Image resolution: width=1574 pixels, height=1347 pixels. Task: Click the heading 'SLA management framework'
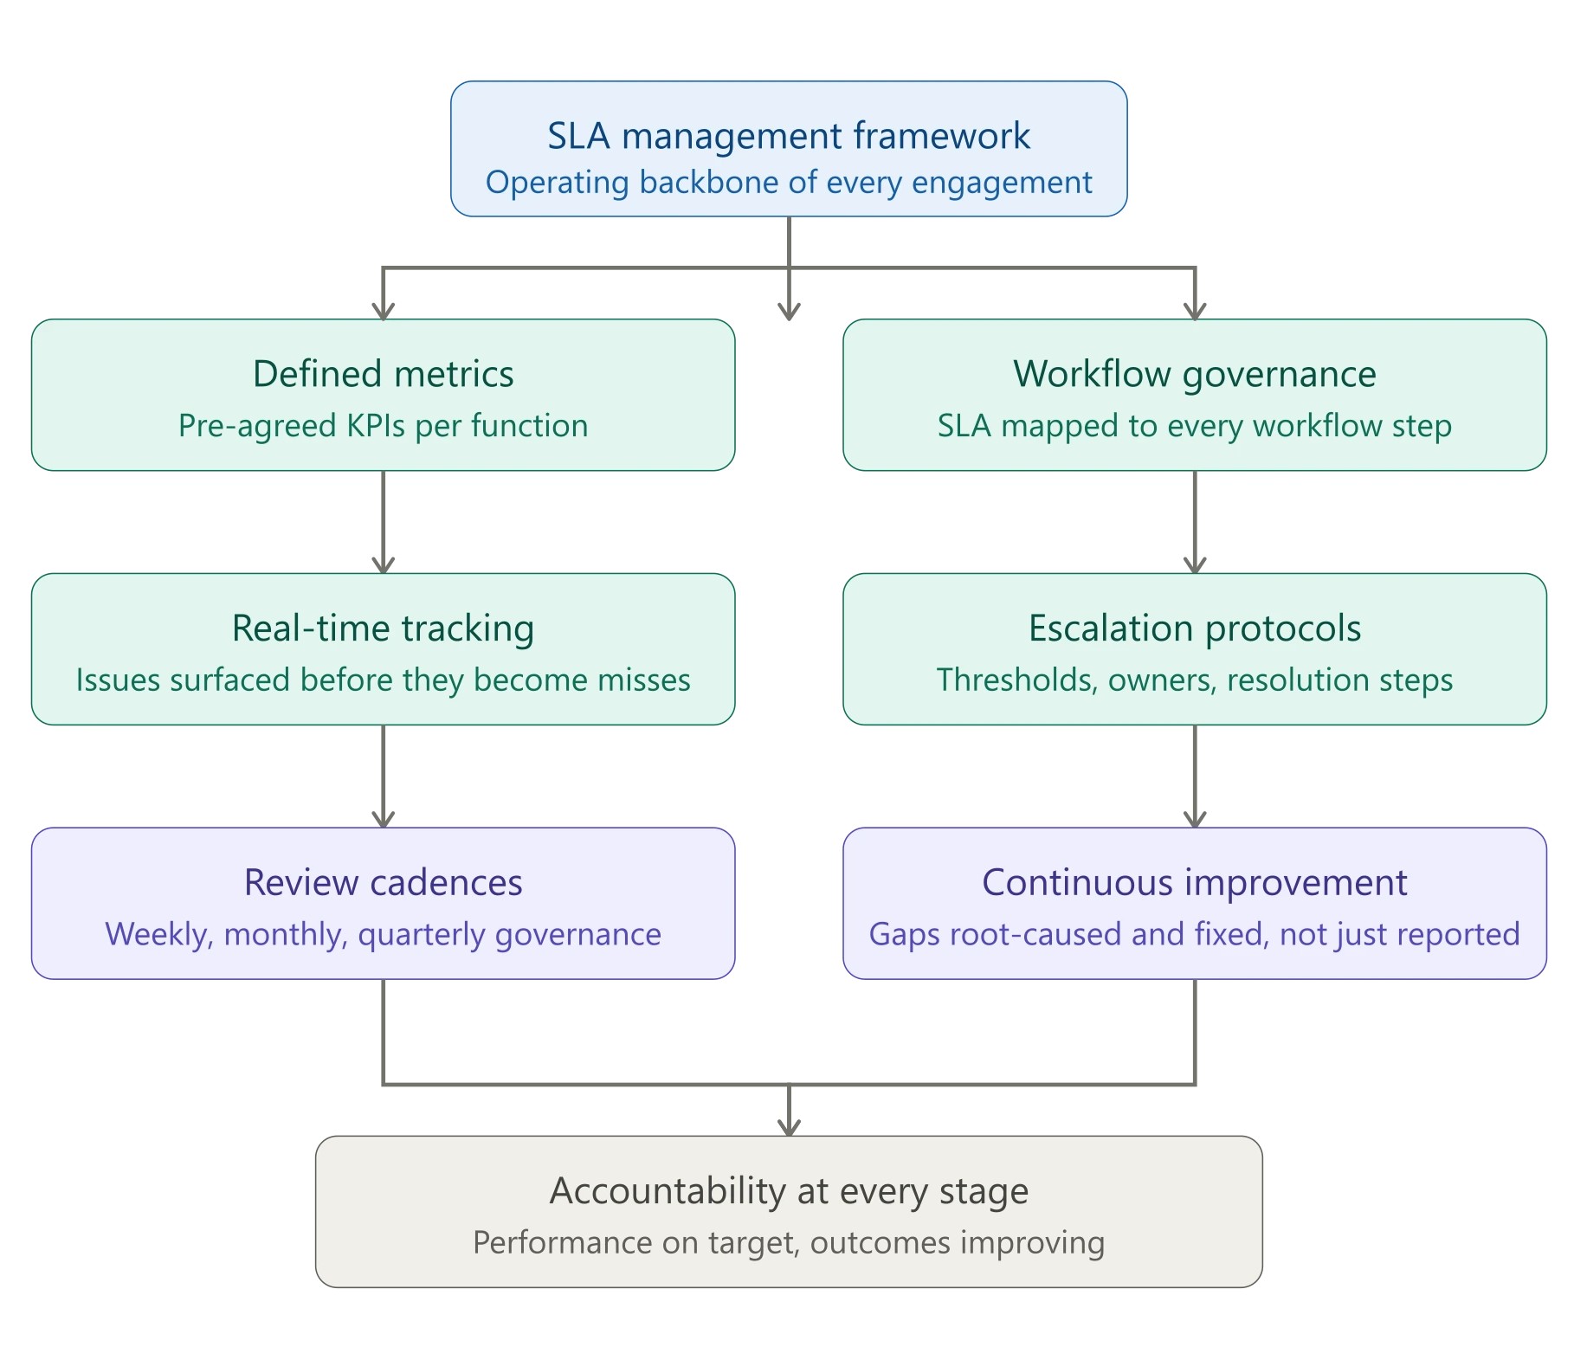[x=788, y=136]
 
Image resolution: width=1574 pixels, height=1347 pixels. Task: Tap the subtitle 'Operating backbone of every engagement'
[x=788, y=183]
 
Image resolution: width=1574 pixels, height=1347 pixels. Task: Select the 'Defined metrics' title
[x=383, y=374]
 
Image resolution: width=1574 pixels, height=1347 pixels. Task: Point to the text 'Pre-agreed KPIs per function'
[x=383, y=426]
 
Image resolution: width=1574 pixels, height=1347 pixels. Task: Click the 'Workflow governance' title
[x=1194, y=374]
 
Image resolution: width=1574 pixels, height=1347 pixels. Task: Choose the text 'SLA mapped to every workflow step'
[x=1194, y=426]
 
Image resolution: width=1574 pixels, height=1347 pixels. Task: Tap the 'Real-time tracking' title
[x=383, y=628]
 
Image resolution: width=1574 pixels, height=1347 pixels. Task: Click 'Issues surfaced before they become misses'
[x=383, y=680]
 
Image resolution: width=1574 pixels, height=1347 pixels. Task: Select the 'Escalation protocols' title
[x=1194, y=628]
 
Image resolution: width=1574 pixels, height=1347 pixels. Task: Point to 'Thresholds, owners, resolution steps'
[x=1194, y=680]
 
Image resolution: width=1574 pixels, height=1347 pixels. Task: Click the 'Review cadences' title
[x=383, y=883]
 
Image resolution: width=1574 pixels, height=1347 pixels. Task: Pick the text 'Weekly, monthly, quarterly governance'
[x=383, y=935]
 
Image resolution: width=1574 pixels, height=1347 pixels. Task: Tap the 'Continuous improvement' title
[x=1194, y=883]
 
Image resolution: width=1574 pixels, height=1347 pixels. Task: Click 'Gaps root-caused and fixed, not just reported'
[x=1194, y=935]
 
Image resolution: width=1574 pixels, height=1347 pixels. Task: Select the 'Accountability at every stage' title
[x=788, y=1191]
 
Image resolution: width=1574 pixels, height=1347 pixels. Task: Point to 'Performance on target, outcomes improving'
[x=788, y=1243]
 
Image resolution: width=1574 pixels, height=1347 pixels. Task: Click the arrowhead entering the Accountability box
[x=789, y=1125]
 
